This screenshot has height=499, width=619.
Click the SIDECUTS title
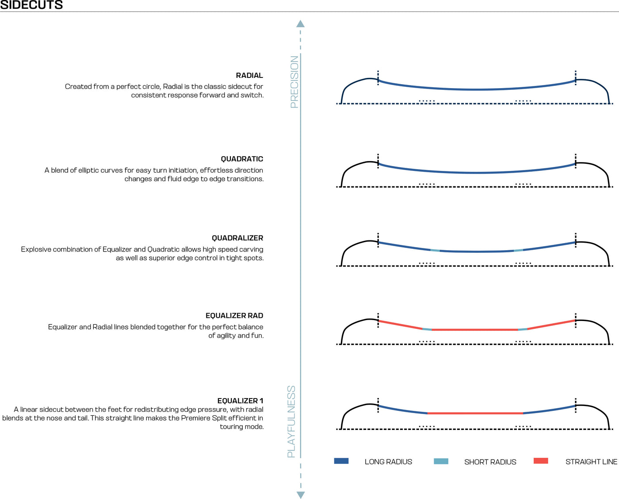(x=31, y=5)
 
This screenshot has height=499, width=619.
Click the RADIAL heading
(x=249, y=75)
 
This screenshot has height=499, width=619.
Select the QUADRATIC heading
(x=242, y=159)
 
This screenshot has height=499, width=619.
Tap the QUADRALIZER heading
(x=237, y=238)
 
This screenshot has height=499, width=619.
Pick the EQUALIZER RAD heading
(x=234, y=316)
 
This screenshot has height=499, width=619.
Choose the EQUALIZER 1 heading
(x=240, y=401)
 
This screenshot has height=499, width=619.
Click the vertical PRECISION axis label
(x=294, y=82)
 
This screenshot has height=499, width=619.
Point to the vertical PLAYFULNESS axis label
(x=291, y=422)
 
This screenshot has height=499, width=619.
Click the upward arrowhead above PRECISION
(x=301, y=23)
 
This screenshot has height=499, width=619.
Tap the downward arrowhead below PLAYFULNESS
(x=301, y=495)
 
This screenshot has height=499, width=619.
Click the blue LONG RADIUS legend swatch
(x=341, y=461)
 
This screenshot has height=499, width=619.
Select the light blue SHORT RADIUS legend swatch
(x=441, y=461)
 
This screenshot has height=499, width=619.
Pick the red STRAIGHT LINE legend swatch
(x=541, y=461)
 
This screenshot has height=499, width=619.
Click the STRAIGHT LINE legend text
(x=591, y=462)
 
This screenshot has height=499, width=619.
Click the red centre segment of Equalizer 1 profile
(x=475, y=413)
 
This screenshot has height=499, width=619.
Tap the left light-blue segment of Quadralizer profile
(x=435, y=251)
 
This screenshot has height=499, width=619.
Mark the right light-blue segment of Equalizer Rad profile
(x=523, y=329)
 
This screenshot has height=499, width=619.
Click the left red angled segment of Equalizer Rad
(x=400, y=325)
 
